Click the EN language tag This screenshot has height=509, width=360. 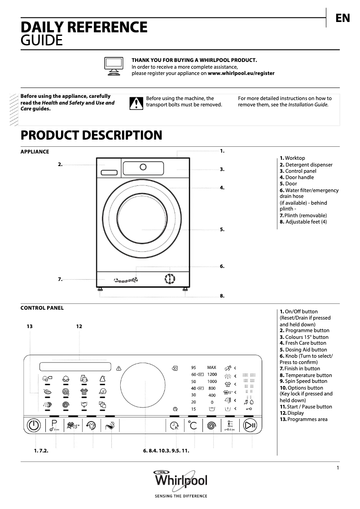342,18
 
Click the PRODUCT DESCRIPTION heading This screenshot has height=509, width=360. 92,135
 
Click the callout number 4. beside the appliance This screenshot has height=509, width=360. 222,188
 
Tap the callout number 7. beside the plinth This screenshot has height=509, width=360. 60,279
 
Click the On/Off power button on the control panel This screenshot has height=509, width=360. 34,425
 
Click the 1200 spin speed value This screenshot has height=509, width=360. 212,374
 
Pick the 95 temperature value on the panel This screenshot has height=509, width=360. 193,367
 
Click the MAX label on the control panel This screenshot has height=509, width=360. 211,367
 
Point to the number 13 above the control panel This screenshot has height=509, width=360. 30,326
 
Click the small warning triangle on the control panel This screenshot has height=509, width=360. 119,368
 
